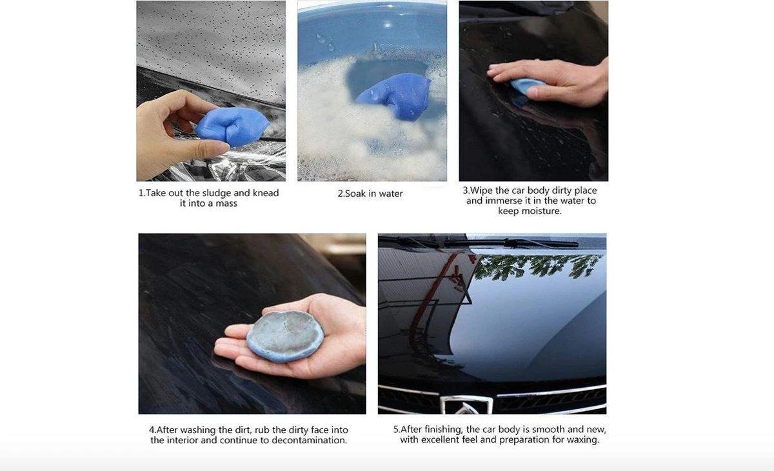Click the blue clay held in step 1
click(x=232, y=126)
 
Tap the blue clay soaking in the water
click(x=395, y=96)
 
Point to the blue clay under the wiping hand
click(x=524, y=86)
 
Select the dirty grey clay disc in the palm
click(x=285, y=336)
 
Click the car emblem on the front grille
click(x=466, y=405)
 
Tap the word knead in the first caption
click(x=266, y=192)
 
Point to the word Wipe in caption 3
click(x=481, y=190)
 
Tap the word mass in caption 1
click(x=226, y=203)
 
